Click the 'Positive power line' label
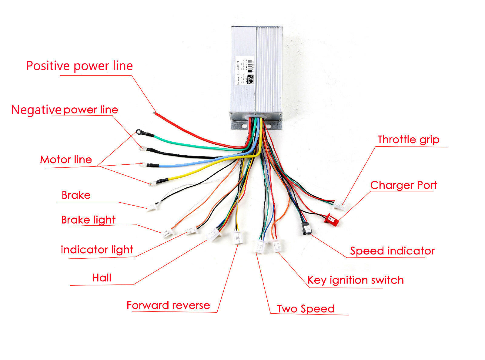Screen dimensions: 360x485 [x=79, y=66]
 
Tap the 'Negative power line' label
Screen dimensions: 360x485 [x=65, y=109]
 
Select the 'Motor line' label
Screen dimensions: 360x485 [x=66, y=160]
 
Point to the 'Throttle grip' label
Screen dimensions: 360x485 [x=408, y=140]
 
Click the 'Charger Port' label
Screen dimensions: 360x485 [x=403, y=185]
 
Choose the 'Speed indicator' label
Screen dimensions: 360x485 [x=392, y=251]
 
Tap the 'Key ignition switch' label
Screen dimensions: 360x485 [x=355, y=280]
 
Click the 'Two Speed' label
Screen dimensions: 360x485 [x=306, y=309]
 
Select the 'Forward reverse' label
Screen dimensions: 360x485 [x=168, y=305]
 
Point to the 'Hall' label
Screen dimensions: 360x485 [x=102, y=278]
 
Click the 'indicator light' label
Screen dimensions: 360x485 [x=97, y=250]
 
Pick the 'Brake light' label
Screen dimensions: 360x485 [x=88, y=220]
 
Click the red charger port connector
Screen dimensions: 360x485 [x=331, y=219]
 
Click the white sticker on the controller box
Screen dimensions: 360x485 [x=245, y=71]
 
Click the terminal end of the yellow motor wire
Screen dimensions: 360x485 [x=152, y=183]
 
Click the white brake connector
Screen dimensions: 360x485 [x=152, y=207]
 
